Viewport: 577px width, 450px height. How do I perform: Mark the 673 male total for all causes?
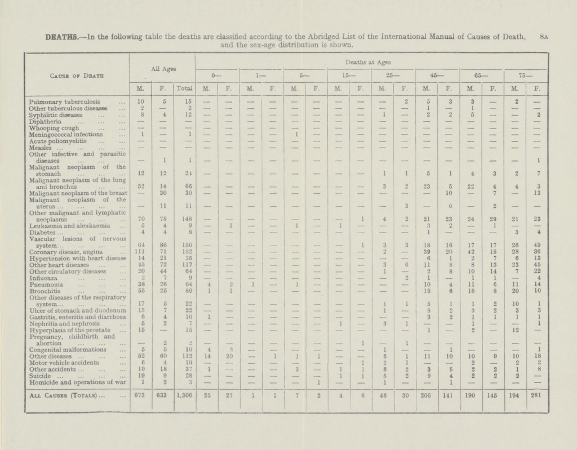(x=141, y=395)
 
